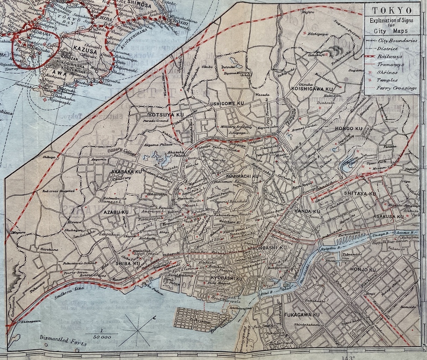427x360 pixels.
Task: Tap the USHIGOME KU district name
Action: [227, 104]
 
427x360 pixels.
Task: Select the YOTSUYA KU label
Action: [164, 115]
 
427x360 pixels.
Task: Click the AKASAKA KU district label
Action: [126, 171]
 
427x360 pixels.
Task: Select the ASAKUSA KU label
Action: [388, 217]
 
